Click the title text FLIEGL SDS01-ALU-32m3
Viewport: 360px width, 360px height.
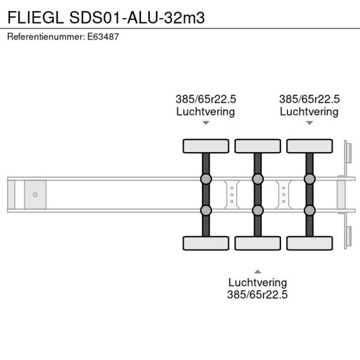tap(106, 17)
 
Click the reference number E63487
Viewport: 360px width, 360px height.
tap(103, 37)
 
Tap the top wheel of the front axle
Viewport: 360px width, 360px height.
tap(206, 146)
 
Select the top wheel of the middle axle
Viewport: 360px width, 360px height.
tap(257, 146)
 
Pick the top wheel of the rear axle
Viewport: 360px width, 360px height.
tap(309, 146)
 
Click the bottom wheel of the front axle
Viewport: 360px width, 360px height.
tap(206, 243)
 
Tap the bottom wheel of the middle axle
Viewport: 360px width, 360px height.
tap(257, 243)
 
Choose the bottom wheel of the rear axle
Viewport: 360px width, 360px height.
tap(309, 243)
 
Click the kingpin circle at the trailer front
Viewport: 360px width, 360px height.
tap(35, 195)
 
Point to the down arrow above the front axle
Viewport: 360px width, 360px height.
tap(206, 123)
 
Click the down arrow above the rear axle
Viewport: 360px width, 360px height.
tap(309, 123)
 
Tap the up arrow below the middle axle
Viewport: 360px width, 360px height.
tap(257, 271)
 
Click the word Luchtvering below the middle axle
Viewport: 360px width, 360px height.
tap(257, 283)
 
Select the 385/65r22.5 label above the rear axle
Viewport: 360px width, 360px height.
tap(309, 99)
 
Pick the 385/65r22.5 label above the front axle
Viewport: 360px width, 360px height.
tap(206, 99)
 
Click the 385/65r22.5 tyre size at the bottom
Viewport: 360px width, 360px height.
tap(257, 295)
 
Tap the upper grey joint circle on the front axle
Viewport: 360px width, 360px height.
tap(206, 179)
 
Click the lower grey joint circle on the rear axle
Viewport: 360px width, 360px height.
tap(309, 210)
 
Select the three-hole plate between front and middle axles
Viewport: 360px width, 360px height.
tap(232, 194)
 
